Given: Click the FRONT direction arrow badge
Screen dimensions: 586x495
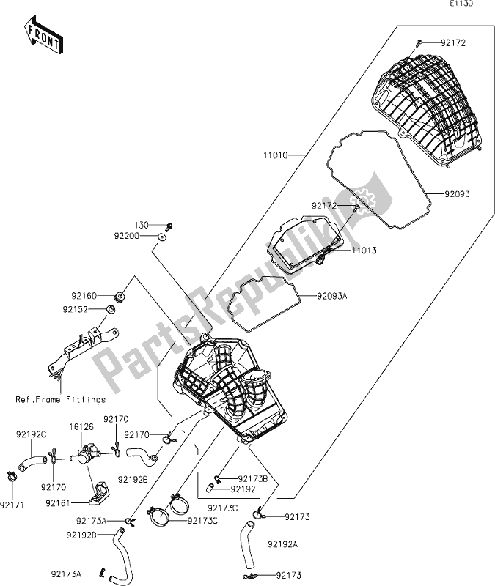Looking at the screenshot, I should pyautogui.click(x=42, y=36).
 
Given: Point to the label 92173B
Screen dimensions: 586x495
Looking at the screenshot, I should pyautogui.click(x=253, y=478).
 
